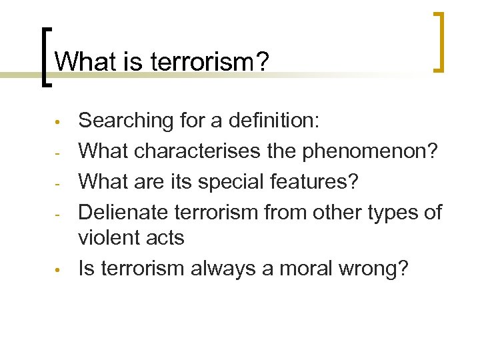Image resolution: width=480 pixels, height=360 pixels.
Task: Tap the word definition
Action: [x=273, y=121]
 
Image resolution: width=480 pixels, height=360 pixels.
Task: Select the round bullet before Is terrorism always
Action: [x=59, y=271]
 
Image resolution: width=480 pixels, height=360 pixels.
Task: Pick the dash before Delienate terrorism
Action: [x=59, y=214]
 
